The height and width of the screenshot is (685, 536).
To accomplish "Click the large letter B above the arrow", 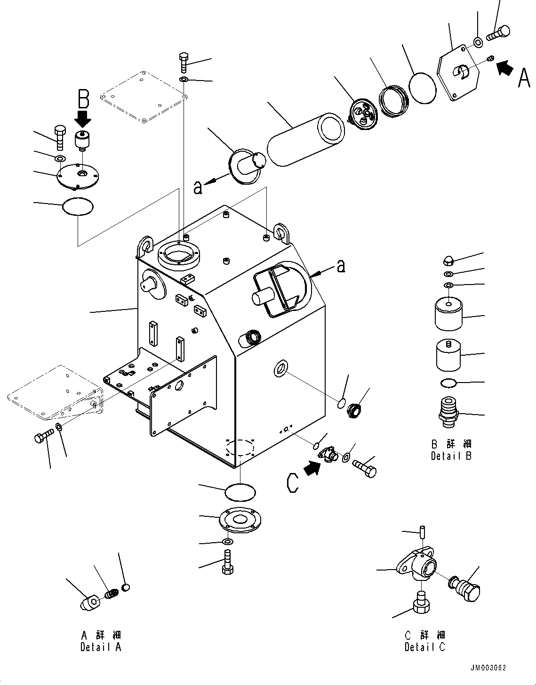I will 83,99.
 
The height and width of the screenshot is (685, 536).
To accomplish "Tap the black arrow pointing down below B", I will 83,118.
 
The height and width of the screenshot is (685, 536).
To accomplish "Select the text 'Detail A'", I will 101,647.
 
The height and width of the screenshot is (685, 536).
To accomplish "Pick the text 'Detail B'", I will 451,456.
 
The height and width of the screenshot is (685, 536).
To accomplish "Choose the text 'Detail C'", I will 424,647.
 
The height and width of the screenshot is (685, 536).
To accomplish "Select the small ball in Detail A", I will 125,587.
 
